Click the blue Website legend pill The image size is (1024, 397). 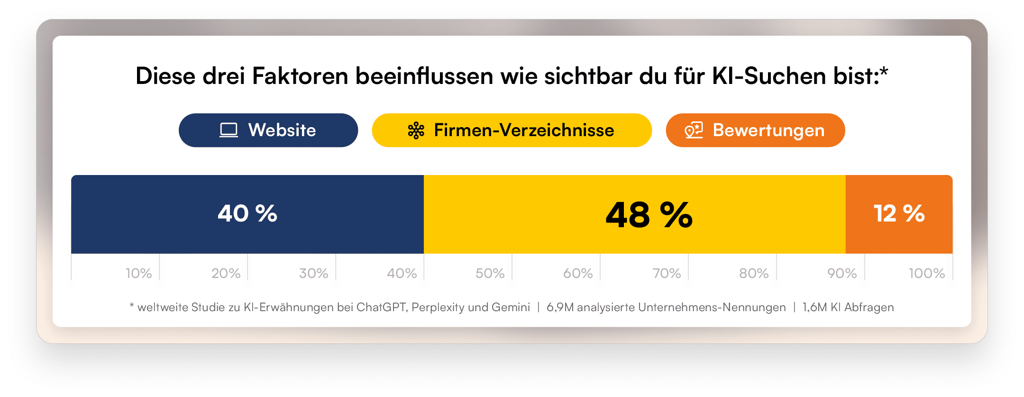268,130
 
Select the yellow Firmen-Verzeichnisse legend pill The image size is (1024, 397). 512,130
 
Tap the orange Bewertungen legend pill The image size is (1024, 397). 755,130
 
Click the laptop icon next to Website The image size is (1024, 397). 229,130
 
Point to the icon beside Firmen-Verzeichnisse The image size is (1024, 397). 416,130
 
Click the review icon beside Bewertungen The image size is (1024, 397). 694,130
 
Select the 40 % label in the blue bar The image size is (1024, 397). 247,213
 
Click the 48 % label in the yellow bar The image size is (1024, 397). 649,215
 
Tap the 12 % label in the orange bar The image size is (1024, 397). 899,213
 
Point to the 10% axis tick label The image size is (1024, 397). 138,273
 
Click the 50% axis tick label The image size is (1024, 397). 490,273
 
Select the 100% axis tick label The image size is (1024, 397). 926,273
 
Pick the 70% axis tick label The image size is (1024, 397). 666,273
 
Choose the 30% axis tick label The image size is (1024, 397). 313,273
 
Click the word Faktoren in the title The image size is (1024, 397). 300,76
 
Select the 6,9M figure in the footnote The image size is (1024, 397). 560,307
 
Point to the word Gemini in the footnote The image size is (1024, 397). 511,307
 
